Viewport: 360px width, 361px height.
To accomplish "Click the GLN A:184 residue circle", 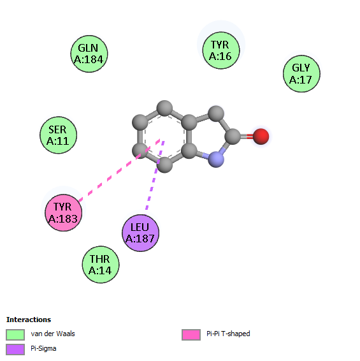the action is (x=89, y=54).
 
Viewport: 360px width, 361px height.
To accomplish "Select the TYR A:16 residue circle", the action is (x=221, y=50).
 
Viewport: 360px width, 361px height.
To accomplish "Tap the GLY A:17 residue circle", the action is (x=301, y=74).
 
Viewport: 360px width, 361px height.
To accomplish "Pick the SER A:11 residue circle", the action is (x=59, y=135).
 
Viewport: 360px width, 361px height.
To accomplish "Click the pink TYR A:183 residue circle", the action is (x=64, y=213).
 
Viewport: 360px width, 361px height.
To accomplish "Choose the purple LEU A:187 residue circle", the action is (x=141, y=233).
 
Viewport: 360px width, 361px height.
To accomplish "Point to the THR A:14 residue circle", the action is (x=101, y=265).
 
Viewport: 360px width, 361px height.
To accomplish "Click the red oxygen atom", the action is (x=261, y=136).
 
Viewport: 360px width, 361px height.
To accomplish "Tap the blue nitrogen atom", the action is (x=216, y=159).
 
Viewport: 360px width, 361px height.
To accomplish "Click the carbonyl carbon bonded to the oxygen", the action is (x=233, y=136).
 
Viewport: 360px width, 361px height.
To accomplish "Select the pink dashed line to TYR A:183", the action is (x=119, y=170).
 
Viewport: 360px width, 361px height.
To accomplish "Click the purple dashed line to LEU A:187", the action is (x=155, y=175).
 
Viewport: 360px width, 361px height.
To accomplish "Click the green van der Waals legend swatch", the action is (x=15, y=335).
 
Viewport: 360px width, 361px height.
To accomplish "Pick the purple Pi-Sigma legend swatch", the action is (x=15, y=350).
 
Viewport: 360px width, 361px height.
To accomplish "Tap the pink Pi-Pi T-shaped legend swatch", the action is (x=191, y=335).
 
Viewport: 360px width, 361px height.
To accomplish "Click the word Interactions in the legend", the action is (x=29, y=320).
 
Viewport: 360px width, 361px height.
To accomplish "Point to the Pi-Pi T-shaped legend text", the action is (x=228, y=334).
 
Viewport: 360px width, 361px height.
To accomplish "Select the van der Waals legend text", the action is (x=53, y=334).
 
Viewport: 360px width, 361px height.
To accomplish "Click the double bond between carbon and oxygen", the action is (x=247, y=136).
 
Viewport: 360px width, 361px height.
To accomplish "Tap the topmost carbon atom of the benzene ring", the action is (x=164, y=108).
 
